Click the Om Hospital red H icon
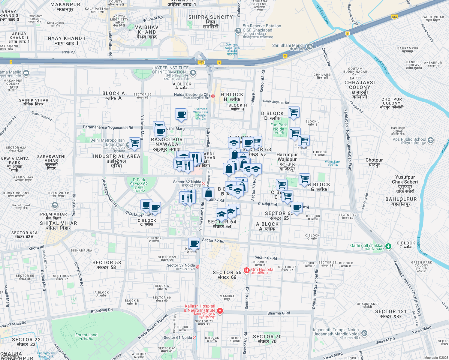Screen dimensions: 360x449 247,270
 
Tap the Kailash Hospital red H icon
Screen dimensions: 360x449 220,311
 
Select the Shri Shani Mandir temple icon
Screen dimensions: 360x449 310,46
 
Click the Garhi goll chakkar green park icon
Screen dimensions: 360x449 388,246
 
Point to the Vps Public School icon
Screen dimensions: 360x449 431,140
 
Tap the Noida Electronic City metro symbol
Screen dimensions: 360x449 213,96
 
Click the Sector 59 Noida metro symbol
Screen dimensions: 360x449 197,267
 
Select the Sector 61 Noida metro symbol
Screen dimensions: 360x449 194,338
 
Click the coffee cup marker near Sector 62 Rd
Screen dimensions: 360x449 194,243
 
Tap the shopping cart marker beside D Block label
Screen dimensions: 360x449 294,112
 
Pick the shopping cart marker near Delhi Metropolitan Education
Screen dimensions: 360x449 135,143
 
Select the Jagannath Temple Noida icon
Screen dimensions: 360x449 364,333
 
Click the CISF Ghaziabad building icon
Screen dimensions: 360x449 238,31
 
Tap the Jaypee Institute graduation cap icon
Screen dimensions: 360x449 193,73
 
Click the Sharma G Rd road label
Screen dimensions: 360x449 279,313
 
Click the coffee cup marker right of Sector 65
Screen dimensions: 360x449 297,207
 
